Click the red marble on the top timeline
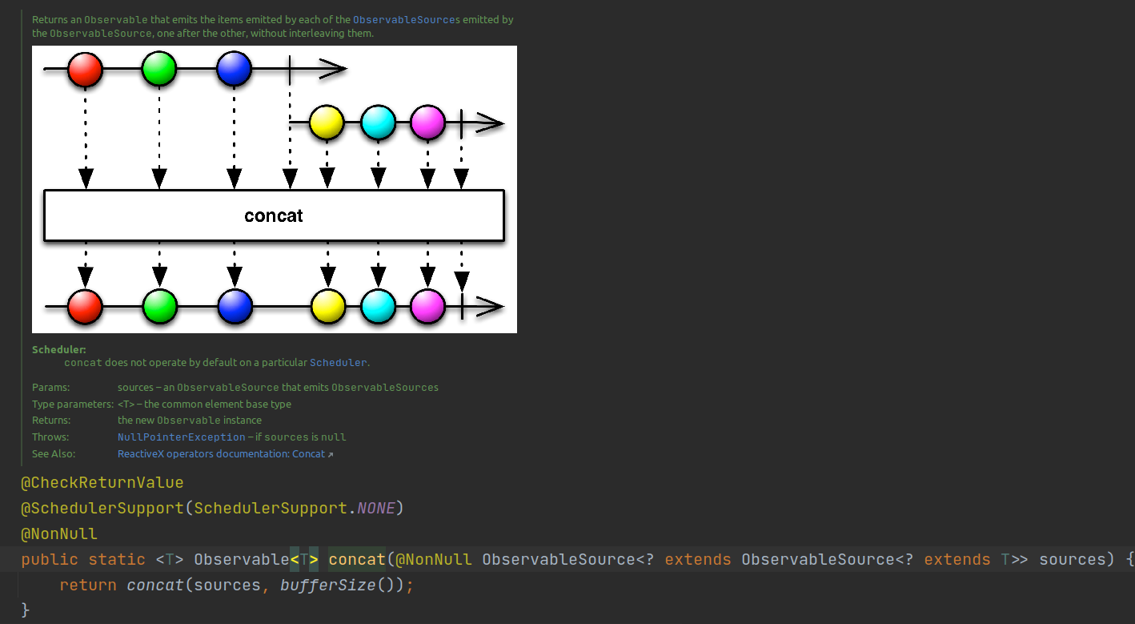86,70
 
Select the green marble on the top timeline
159,70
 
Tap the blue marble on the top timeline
234,70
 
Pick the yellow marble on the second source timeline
326,123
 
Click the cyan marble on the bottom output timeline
378,306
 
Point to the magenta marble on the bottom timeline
427,306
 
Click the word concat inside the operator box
274,215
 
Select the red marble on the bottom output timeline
86,306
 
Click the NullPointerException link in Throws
182,437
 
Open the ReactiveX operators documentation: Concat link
222,454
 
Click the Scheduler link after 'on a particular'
338,363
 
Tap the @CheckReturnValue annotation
102,483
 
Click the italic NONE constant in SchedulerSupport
376,509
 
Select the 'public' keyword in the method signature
50,560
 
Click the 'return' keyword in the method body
88,586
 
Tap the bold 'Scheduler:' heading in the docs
59,350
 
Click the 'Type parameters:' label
73,405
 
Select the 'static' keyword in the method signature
117,560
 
